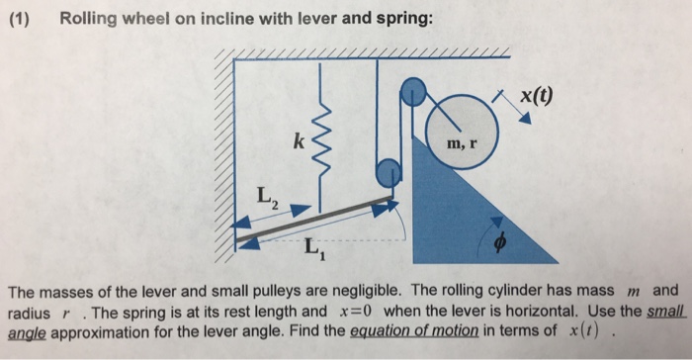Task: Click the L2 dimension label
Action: click(268, 199)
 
